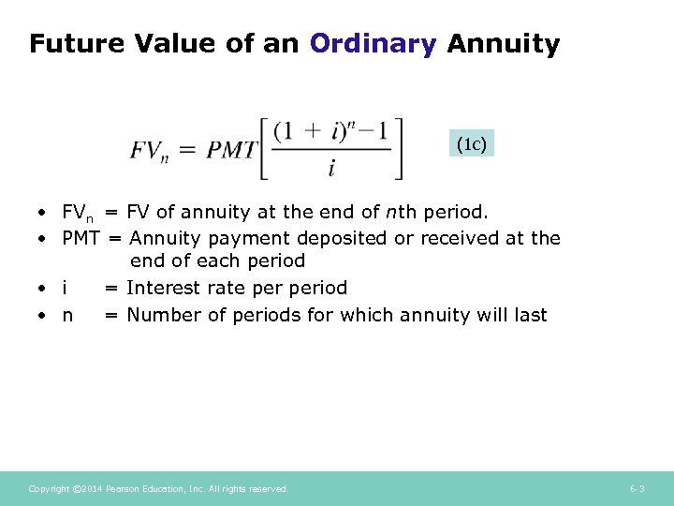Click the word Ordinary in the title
point(373,43)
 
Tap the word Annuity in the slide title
point(504,43)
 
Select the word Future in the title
point(78,43)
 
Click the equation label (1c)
point(471,144)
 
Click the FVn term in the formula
point(151,150)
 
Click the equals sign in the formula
point(188,150)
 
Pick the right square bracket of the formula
point(399,148)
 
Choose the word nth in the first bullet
point(400,212)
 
